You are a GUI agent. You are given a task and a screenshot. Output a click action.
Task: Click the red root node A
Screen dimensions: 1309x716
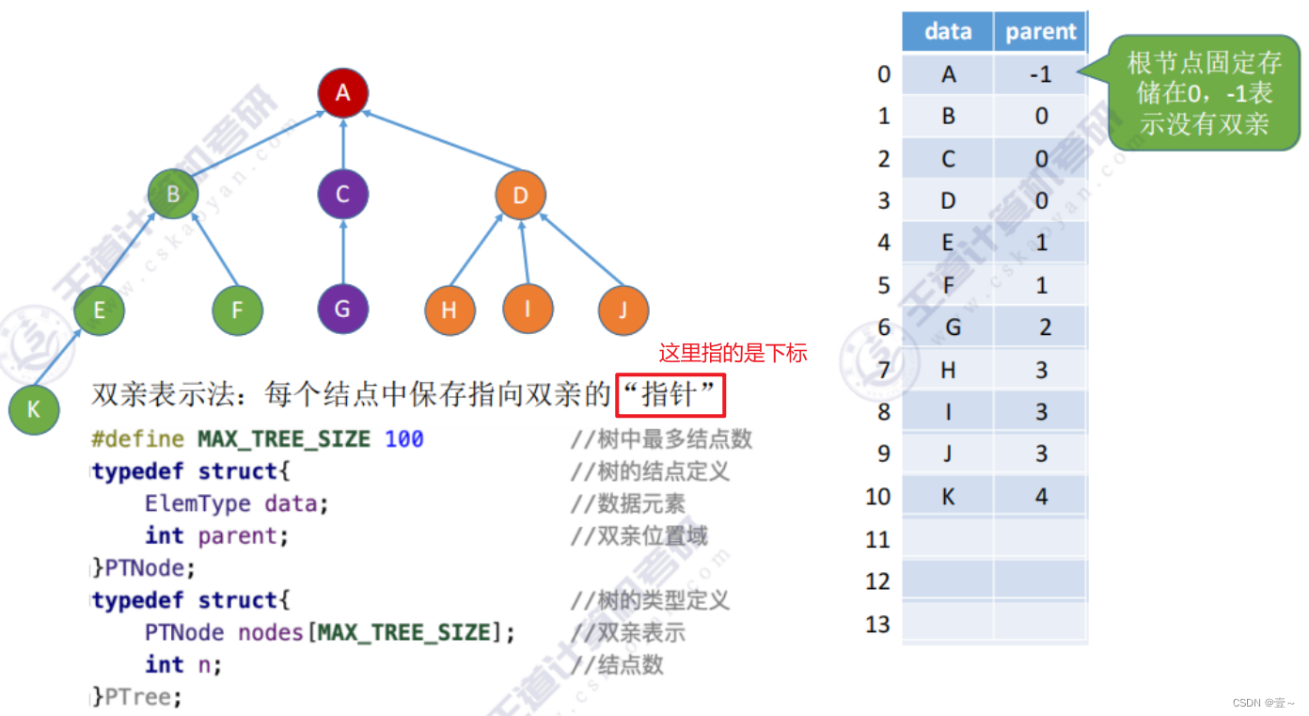tap(342, 92)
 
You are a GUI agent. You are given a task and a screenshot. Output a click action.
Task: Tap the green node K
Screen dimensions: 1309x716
tap(34, 409)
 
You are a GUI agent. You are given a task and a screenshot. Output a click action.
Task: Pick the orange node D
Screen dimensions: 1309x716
tap(521, 196)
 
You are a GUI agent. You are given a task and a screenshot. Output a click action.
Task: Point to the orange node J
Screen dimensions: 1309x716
tap(623, 310)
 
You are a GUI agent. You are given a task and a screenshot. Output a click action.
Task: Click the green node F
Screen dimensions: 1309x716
tap(237, 310)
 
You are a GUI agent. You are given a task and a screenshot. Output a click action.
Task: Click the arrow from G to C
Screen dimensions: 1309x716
tap(342, 251)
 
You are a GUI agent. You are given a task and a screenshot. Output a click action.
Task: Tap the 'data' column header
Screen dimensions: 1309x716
tap(948, 32)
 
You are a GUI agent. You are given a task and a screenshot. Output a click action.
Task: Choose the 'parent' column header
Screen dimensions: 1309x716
tap(1040, 32)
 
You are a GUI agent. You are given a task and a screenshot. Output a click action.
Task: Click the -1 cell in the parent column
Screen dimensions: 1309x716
tap(1040, 73)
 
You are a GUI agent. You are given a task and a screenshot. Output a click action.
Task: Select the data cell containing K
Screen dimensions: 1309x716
tap(948, 496)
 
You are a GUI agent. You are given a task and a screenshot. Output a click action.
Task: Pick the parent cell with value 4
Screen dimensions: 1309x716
tap(1041, 496)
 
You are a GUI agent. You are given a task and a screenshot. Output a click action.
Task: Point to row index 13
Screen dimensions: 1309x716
tap(877, 624)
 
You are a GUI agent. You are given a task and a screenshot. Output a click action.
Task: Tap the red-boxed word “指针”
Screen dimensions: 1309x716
tap(670, 395)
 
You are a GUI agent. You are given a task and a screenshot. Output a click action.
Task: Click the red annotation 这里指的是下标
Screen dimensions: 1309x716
tap(733, 354)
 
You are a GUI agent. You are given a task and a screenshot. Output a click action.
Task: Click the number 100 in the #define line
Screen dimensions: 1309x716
tap(404, 439)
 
